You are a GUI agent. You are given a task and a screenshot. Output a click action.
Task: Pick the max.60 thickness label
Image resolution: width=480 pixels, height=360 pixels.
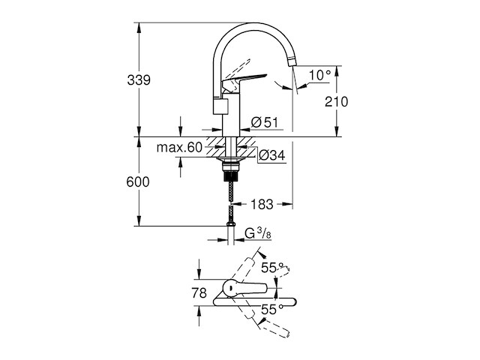[180, 148]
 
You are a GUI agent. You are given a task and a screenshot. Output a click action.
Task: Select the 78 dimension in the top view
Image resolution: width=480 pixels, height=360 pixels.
[199, 293]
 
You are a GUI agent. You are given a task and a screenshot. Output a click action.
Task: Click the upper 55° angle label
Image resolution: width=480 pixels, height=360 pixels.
[271, 266]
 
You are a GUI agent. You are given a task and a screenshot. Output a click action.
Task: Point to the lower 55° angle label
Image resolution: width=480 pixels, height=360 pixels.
[271, 308]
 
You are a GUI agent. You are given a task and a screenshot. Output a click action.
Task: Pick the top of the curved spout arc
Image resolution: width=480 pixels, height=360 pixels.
[255, 25]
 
